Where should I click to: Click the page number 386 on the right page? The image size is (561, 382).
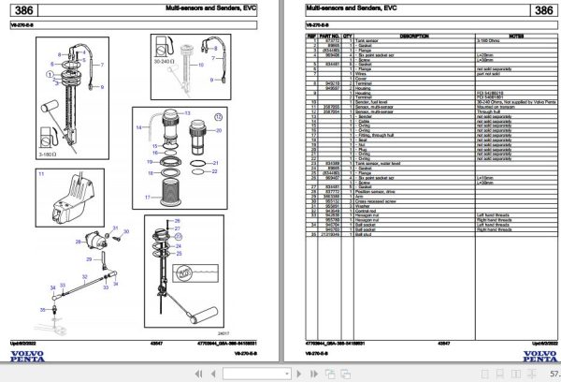click(x=542, y=11)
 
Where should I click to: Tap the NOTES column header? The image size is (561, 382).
click(x=511, y=36)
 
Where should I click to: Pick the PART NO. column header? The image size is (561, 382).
click(x=326, y=36)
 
